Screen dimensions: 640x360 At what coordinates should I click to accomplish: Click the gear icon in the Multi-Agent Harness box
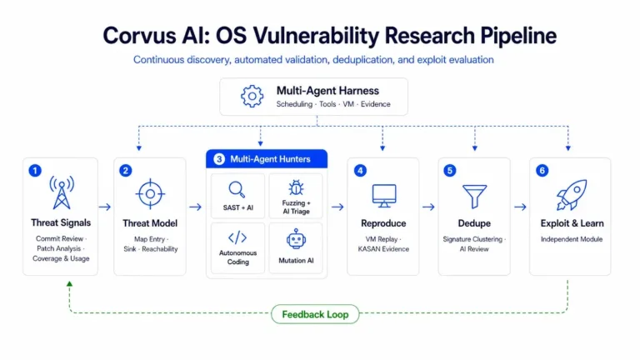click(x=252, y=97)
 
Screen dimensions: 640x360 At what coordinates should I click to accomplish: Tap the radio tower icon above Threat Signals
click(x=62, y=192)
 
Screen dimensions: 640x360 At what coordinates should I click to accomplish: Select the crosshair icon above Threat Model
click(x=150, y=194)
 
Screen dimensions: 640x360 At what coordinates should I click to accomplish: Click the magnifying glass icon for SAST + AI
click(x=237, y=190)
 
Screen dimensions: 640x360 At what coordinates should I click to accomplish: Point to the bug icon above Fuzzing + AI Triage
click(x=296, y=187)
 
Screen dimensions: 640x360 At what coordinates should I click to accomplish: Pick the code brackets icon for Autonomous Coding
click(x=237, y=237)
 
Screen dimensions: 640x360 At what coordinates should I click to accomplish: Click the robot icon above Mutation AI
click(x=296, y=239)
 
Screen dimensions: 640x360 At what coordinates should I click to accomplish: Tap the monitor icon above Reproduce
click(x=384, y=196)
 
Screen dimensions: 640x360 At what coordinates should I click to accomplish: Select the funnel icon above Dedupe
click(x=474, y=197)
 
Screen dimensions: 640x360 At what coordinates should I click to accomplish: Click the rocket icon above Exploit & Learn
click(x=572, y=195)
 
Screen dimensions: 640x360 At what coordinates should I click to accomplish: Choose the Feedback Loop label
click(x=315, y=314)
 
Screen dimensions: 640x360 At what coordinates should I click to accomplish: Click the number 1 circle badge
click(x=35, y=170)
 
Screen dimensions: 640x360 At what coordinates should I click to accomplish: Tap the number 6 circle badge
click(x=542, y=170)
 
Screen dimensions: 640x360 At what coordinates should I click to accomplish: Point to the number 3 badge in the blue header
click(x=219, y=159)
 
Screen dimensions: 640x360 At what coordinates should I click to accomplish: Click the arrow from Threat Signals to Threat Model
click(x=105, y=207)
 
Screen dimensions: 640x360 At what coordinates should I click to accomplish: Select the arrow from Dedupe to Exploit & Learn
click(x=520, y=207)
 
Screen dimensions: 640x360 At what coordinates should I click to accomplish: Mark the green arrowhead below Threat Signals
click(x=69, y=283)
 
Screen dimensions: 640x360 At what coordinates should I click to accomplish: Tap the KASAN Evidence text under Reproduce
click(x=383, y=249)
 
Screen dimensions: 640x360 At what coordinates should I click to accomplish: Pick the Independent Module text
click(x=572, y=239)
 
